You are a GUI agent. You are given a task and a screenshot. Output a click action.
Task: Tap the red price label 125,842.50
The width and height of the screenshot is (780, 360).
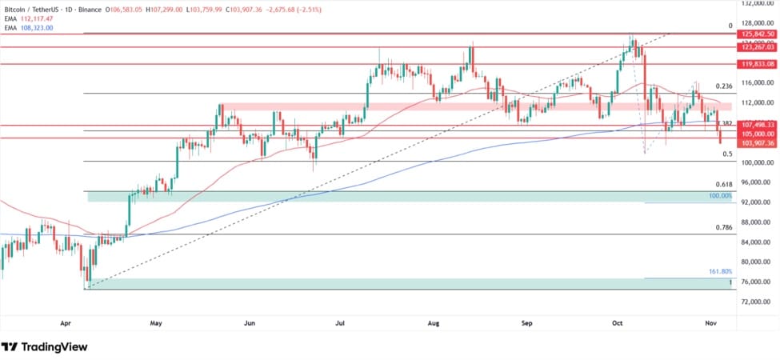tap(758, 34)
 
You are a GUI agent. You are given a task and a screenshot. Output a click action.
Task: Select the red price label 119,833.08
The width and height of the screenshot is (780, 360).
tap(758, 63)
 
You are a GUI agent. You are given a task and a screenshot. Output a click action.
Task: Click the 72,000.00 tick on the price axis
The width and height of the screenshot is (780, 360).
tap(756, 302)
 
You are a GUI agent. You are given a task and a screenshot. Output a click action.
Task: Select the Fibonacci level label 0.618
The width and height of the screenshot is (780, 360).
tap(724, 184)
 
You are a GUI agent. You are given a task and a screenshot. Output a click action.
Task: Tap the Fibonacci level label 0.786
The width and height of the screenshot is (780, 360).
tap(724, 228)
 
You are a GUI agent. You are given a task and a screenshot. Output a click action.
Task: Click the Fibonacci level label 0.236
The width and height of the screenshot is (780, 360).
tap(724, 86)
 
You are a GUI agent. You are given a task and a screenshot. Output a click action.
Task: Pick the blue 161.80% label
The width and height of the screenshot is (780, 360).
tap(720, 272)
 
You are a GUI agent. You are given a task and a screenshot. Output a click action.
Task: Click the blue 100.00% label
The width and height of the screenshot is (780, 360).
tap(720, 196)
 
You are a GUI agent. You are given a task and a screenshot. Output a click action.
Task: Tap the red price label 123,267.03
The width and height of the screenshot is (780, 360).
tap(758, 48)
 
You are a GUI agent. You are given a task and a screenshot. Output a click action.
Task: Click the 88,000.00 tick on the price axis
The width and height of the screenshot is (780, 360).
tap(756, 222)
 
